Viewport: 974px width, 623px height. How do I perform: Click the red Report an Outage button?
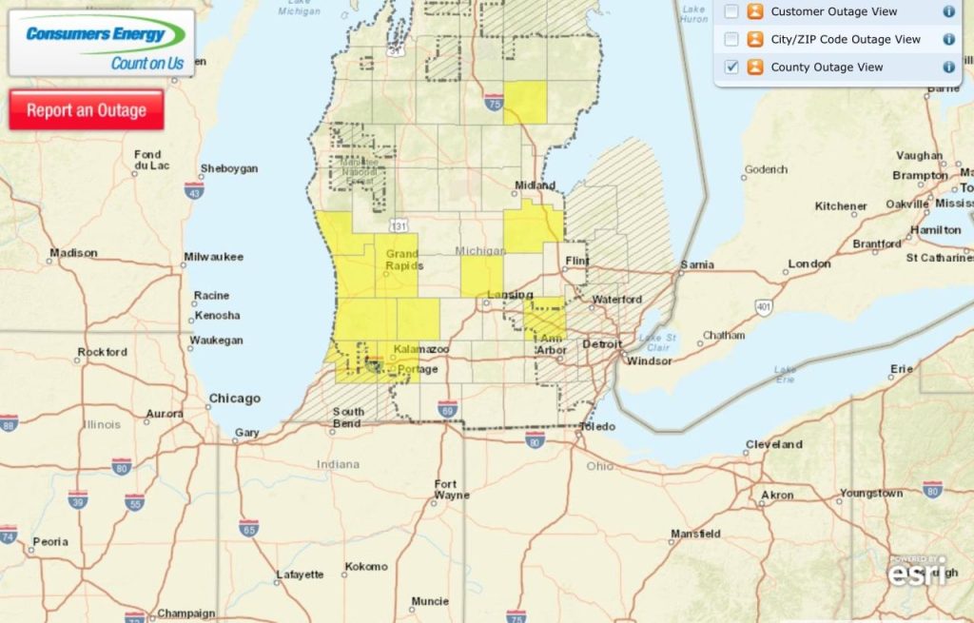(x=87, y=110)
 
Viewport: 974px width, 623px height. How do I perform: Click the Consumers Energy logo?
(x=102, y=44)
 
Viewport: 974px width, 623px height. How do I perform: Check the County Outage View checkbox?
(x=731, y=68)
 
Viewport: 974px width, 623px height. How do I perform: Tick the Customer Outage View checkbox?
(x=731, y=11)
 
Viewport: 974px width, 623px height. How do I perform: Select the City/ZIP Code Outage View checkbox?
(x=731, y=39)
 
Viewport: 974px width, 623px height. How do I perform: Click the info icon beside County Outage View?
(x=948, y=68)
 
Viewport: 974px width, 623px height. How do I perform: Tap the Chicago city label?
(x=234, y=399)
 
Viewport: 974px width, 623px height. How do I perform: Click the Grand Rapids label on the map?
(x=401, y=261)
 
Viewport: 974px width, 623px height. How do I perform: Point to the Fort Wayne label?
(x=452, y=489)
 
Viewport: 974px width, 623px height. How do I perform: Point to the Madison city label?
(x=74, y=253)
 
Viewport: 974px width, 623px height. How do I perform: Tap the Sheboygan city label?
(x=228, y=168)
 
